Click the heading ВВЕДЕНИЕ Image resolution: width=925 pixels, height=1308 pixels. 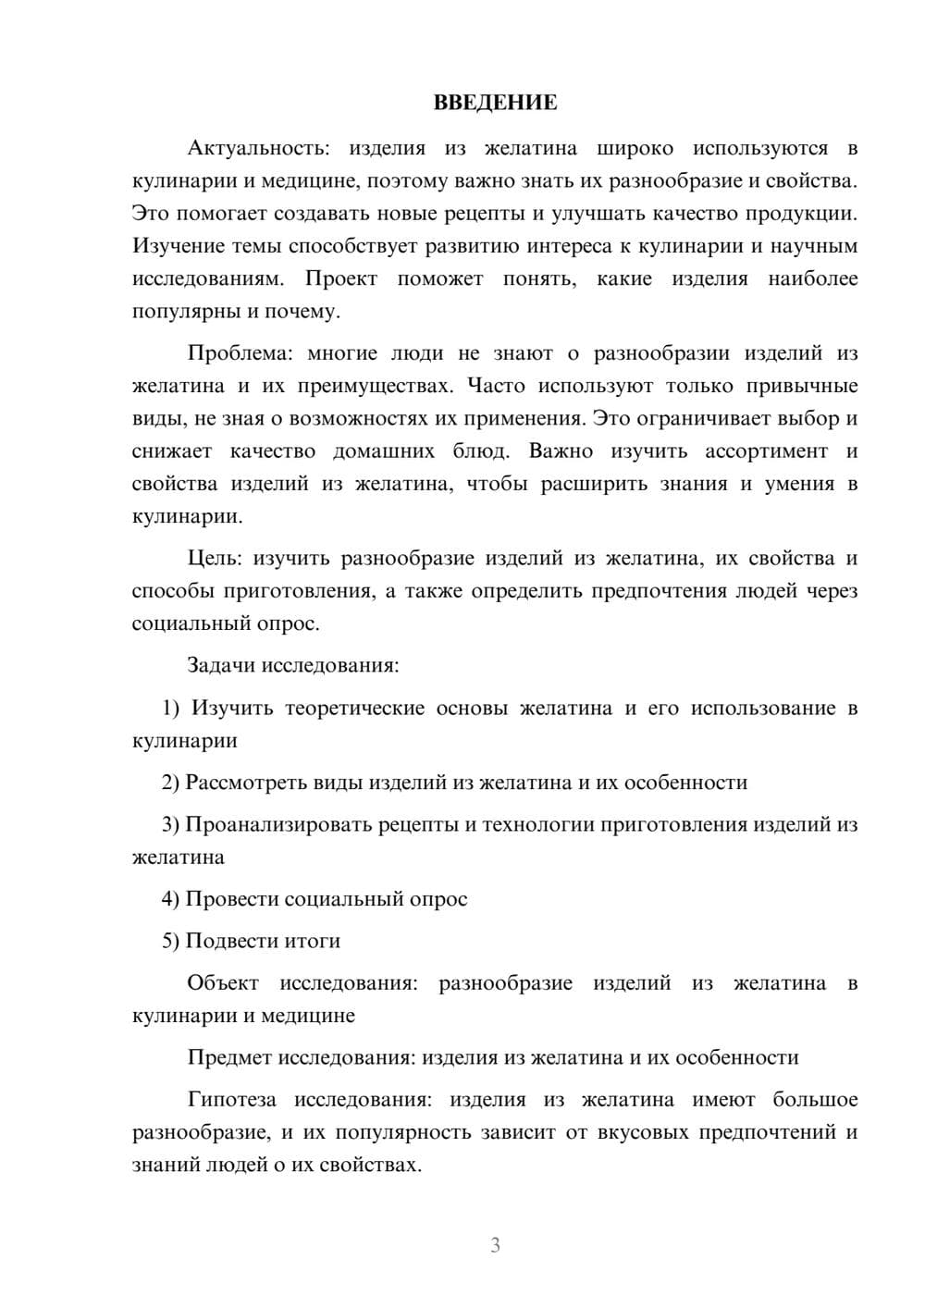point(495,103)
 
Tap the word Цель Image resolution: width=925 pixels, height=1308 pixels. point(213,559)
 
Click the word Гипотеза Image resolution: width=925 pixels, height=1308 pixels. point(231,1100)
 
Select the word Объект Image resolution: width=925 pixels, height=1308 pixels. point(223,983)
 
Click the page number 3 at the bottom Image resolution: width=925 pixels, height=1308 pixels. point(495,1245)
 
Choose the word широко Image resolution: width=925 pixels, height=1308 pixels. point(635,148)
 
